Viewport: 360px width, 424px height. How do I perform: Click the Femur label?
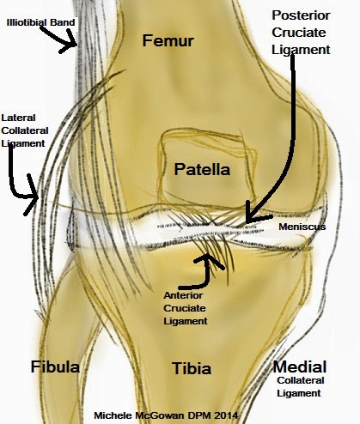[x=168, y=40]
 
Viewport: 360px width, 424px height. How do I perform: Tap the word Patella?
[x=202, y=169]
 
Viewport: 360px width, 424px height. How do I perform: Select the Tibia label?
[x=192, y=368]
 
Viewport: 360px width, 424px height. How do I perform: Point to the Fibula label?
[x=55, y=366]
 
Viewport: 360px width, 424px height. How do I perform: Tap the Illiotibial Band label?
[x=40, y=22]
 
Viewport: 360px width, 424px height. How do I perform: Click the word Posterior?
[x=301, y=15]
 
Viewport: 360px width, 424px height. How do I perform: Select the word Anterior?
[x=183, y=295]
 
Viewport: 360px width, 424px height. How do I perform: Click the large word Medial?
[x=300, y=366]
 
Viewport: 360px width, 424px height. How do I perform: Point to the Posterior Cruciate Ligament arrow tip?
[x=247, y=221]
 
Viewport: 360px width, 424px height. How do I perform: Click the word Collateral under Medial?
[x=301, y=380]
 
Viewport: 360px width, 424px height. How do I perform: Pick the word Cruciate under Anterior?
[x=185, y=308]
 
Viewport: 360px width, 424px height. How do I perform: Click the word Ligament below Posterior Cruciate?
[x=301, y=50]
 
